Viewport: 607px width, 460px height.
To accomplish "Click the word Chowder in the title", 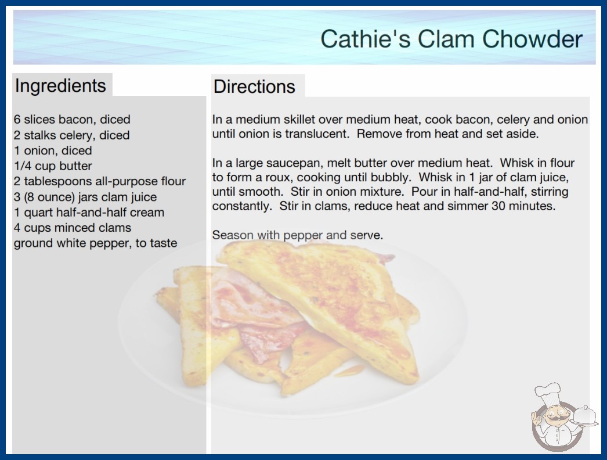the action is pyautogui.click(x=532, y=39).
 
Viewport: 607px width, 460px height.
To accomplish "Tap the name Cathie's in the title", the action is pyautogui.click(x=366, y=39).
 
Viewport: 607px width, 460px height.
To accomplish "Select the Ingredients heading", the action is pyautogui.click(x=60, y=85).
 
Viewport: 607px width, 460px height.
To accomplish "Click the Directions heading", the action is pyautogui.click(x=254, y=87).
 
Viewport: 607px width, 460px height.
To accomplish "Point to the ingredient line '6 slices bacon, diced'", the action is pyautogui.click(x=72, y=120).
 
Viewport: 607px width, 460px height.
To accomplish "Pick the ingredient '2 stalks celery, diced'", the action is pyautogui.click(x=71, y=135).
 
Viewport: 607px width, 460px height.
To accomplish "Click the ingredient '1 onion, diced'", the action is pyautogui.click(x=53, y=150).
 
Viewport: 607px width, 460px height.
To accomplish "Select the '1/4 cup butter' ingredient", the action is pyautogui.click(x=53, y=166).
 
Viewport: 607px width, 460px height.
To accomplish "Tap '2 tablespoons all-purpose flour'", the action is pyautogui.click(x=100, y=181).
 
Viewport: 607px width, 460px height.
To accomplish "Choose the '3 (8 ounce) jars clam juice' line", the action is pyautogui.click(x=85, y=197).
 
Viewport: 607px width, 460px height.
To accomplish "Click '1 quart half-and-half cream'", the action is pyautogui.click(x=89, y=213).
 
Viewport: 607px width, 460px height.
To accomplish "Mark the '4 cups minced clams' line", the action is pyautogui.click(x=73, y=228).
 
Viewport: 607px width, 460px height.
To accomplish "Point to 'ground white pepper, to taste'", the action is pyautogui.click(x=96, y=243).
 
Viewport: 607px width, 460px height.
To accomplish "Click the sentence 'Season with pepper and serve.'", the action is pyautogui.click(x=298, y=235).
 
